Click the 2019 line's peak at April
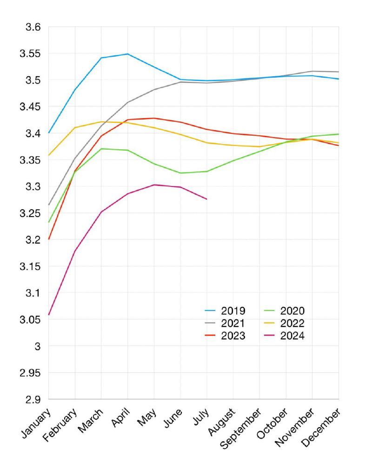point(127,54)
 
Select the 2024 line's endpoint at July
point(206,199)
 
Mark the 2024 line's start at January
point(48,315)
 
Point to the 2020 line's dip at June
point(180,173)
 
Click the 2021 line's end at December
point(339,72)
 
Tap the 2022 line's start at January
point(48,155)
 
